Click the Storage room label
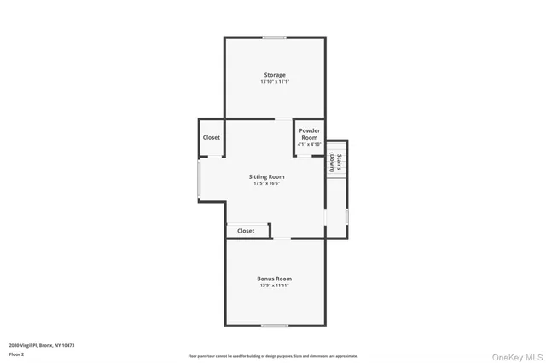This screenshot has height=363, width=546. pyautogui.click(x=274, y=75)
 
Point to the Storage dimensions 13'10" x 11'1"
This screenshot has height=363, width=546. pyautogui.click(x=275, y=82)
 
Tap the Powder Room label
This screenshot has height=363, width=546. pyautogui.click(x=309, y=134)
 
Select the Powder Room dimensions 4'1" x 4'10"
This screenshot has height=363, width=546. pyautogui.click(x=309, y=145)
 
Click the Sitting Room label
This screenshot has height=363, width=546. pyautogui.click(x=267, y=176)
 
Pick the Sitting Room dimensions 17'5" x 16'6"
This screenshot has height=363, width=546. pyautogui.click(x=267, y=183)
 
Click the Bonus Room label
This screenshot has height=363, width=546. pyautogui.click(x=274, y=279)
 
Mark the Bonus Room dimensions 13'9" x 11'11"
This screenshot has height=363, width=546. pyautogui.click(x=275, y=285)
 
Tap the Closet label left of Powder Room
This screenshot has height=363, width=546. pyautogui.click(x=212, y=137)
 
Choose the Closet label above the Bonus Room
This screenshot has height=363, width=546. pyautogui.click(x=246, y=231)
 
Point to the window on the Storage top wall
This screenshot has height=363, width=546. pyautogui.click(x=274, y=37)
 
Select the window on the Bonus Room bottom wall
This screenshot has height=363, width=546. pyautogui.click(x=274, y=325)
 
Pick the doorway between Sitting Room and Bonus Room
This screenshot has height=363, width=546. pyautogui.click(x=280, y=239)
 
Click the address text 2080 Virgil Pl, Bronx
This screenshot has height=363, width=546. pyautogui.click(x=42, y=344)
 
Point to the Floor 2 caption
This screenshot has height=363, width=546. pyautogui.click(x=16, y=354)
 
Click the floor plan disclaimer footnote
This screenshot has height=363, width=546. pyautogui.click(x=273, y=356)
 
